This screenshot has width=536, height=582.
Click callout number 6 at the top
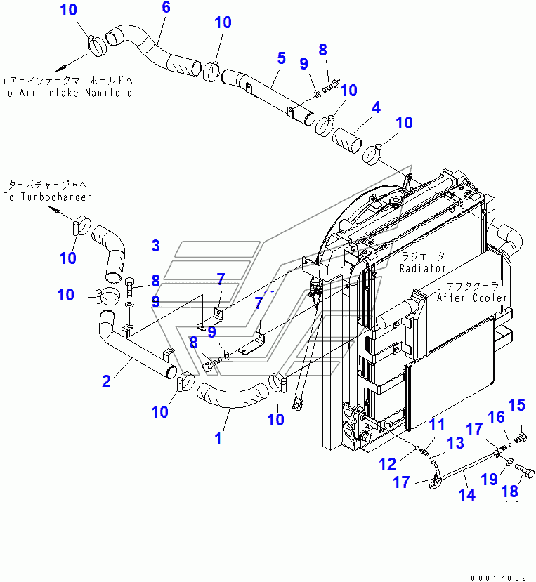[165, 8]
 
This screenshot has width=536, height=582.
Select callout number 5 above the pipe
[281, 58]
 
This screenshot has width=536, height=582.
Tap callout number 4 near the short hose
[377, 108]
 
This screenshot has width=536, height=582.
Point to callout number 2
[106, 381]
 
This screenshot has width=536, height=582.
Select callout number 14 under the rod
[466, 495]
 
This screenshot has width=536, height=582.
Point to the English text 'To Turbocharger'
[46, 197]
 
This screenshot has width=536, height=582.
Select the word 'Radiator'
[423, 268]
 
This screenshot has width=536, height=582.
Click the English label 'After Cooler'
[471, 298]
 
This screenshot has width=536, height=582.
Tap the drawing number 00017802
[499, 576]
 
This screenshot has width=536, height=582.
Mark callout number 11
[438, 424]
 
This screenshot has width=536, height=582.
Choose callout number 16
[496, 417]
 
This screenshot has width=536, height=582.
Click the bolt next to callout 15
[521, 439]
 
